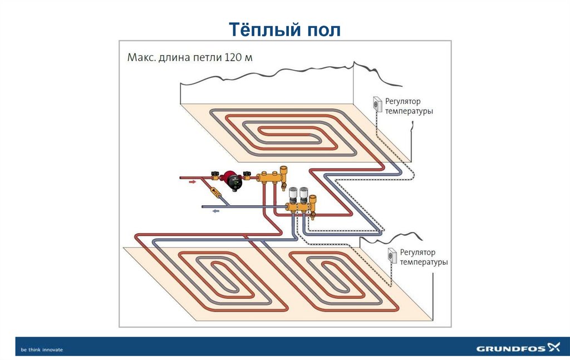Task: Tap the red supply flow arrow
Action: click(191, 181)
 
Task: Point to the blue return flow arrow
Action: click(215, 211)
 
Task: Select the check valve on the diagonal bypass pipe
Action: click(215, 194)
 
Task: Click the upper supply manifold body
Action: click(271, 179)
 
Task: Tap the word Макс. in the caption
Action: click(142, 57)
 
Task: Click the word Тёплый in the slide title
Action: click(261, 29)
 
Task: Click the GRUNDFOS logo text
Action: click(510, 349)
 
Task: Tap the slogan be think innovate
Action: click(42, 349)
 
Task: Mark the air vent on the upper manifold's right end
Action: click(285, 169)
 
